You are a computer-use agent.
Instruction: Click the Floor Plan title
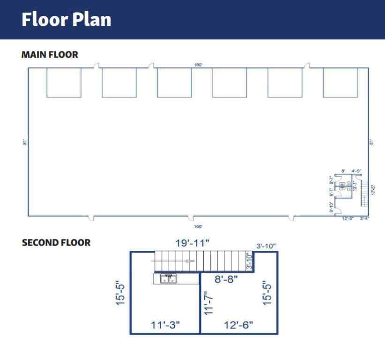coord(66,20)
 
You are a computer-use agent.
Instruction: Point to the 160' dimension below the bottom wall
coord(198,226)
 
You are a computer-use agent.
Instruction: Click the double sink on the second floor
coord(168,279)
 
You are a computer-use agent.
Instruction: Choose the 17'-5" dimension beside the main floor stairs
coord(373,189)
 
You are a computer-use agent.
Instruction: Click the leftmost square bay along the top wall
coord(64,82)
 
